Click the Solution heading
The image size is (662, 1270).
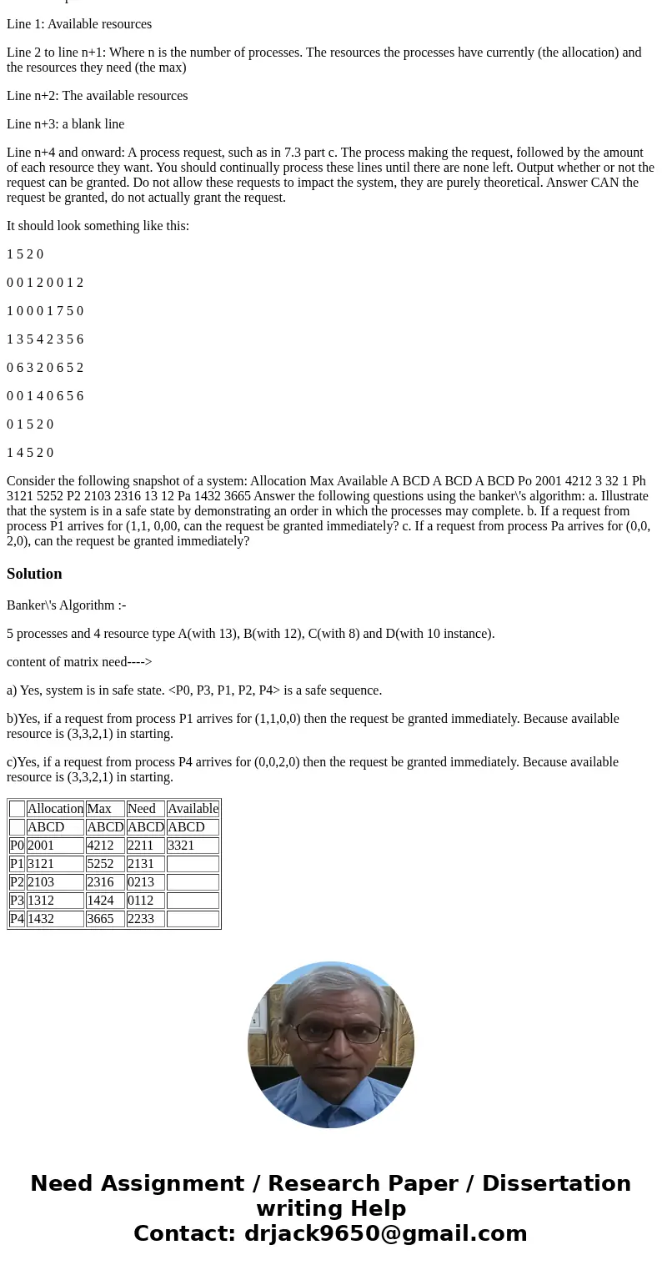[x=34, y=574]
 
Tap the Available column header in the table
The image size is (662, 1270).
[x=193, y=809]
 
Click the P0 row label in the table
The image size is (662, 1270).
[x=17, y=846]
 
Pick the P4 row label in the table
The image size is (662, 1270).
[x=17, y=919]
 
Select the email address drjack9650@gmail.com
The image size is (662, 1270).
[x=385, y=1233]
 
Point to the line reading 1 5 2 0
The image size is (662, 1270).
[x=25, y=254]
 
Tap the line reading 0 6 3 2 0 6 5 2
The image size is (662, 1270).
[x=45, y=368]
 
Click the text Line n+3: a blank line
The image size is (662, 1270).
[x=65, y=124]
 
